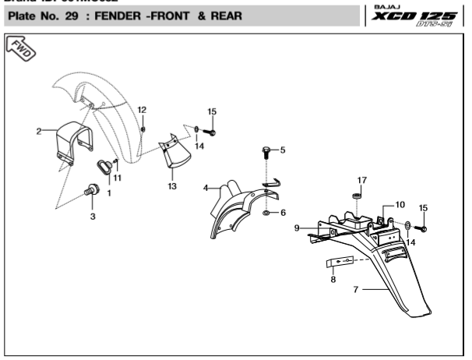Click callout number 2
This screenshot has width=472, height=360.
click(x=39, y=131)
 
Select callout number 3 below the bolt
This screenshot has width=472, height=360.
click(x=92, y=216)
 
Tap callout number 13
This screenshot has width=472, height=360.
click(x=172, y=186)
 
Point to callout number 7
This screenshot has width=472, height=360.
click(x=356, y=289)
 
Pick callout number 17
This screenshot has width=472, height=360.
click(x=361, y=180)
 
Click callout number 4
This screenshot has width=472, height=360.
click(x=206, y=188)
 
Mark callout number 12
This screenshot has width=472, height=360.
click(x=142, y=108)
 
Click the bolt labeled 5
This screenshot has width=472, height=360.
click(x=267, y=150)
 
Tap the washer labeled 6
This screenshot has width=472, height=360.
click(x=267, y=211)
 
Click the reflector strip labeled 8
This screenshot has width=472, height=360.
click(x=340, y=261)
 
